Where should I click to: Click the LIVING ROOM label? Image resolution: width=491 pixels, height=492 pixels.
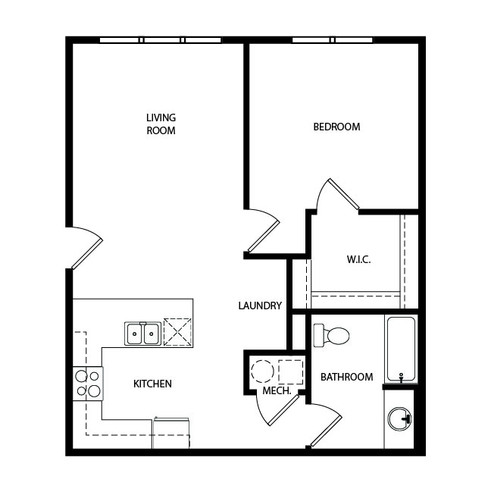(x=161, y=124)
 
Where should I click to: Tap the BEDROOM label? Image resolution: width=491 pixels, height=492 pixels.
(x=336, y=127)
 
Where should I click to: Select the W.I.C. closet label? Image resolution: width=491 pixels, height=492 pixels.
(x=358, y=259)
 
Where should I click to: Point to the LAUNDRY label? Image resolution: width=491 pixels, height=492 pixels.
(x=260, y=306)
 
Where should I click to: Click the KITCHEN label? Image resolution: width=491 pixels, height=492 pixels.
(x=152, y=384)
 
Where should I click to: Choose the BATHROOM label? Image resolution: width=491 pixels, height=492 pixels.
(x=347, y=377)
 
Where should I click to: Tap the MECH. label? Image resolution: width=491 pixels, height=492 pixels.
(x=277, y=391)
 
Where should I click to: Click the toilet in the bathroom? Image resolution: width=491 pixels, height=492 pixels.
(x=331, y=335)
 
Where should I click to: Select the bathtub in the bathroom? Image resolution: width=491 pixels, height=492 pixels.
(x=401, y=349)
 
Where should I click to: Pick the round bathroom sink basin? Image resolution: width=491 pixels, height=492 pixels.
(x=399, y=419)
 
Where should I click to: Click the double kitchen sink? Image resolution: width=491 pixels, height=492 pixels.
(x=143, y=334)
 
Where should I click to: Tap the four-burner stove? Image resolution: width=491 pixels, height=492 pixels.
(x=88, y=384)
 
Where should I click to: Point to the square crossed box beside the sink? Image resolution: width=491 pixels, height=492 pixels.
(x=178, y=332)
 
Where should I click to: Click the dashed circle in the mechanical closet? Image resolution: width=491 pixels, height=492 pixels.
(x=262, y=371)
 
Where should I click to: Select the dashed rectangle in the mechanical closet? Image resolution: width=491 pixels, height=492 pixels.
(x=291, y=372)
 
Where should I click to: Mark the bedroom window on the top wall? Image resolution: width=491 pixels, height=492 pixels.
(x=333, y=40)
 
